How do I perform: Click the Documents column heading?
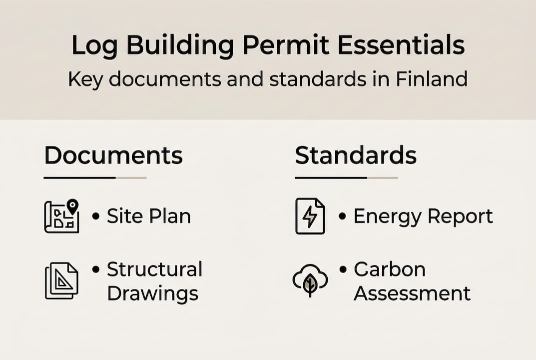coord(113,156)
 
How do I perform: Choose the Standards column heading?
coord(356,156)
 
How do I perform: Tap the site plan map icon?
coord(61,216)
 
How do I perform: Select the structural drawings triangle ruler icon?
coord(61,281)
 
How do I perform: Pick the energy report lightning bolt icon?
coord(310,216)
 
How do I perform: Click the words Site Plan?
coord(149,216)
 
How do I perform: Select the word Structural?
coord(154,269)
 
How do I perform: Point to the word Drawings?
coord(152,293)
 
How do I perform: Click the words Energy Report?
coord(423,216)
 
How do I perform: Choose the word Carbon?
coord(390,269)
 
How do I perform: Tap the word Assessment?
coord(412,293)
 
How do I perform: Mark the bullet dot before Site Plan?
coord(96,216)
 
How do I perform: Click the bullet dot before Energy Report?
coord(342,216)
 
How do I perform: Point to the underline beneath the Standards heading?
coord(346,177)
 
